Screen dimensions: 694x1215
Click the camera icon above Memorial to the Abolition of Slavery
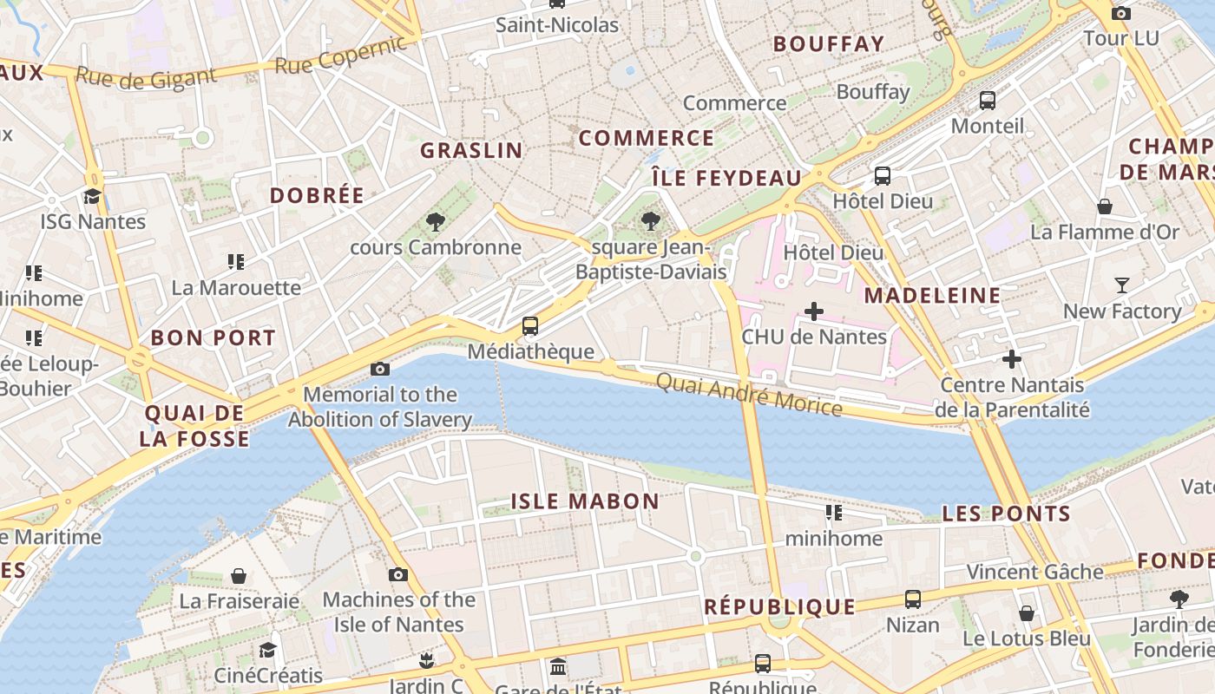[x=379, y=369]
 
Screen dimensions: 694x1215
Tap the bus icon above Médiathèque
[x=529, y=326]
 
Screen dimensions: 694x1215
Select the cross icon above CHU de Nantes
[x=814, y=311]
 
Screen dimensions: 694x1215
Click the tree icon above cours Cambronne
[x=436, y=222]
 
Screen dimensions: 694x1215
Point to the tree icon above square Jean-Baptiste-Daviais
[x=650, y=221]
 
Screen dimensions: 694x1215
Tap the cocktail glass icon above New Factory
[x=1122, y=285]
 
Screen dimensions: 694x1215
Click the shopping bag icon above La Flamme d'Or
[x=1105, y=206]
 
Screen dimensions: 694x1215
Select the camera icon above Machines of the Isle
[x=398, y=574]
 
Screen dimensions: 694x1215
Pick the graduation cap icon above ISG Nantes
[x=92, y=196]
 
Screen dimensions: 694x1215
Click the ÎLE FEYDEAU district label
[x=726, y=178]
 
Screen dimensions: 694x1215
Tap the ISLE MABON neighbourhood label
[x=585, y=501]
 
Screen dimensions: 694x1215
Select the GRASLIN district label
[x=472, y=150]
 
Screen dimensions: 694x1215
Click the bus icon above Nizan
[x=913, y=599]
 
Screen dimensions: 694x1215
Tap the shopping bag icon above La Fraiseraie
[x=239, y=576]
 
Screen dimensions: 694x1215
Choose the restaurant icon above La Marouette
[x=235, y=261]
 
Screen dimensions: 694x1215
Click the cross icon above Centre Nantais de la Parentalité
[x=1012, y=359]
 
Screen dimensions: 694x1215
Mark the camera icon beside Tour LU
[x=1121, y=13]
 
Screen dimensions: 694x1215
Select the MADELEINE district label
[x=933, y=295]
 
